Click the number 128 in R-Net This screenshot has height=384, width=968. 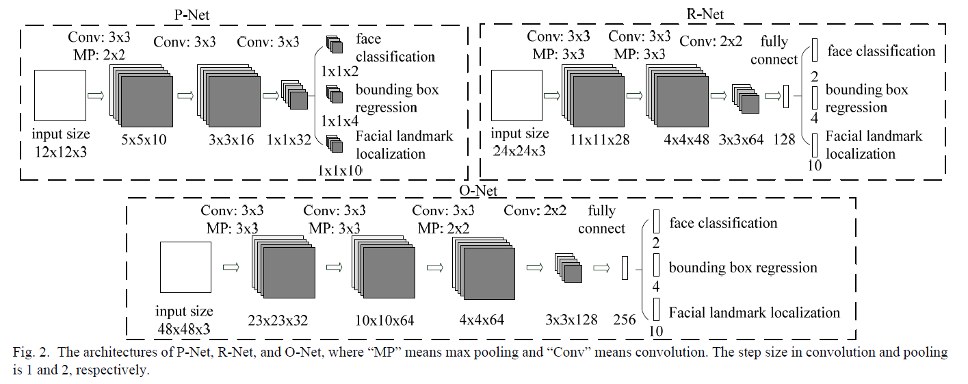pyautogui.click(x=784, y=140)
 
